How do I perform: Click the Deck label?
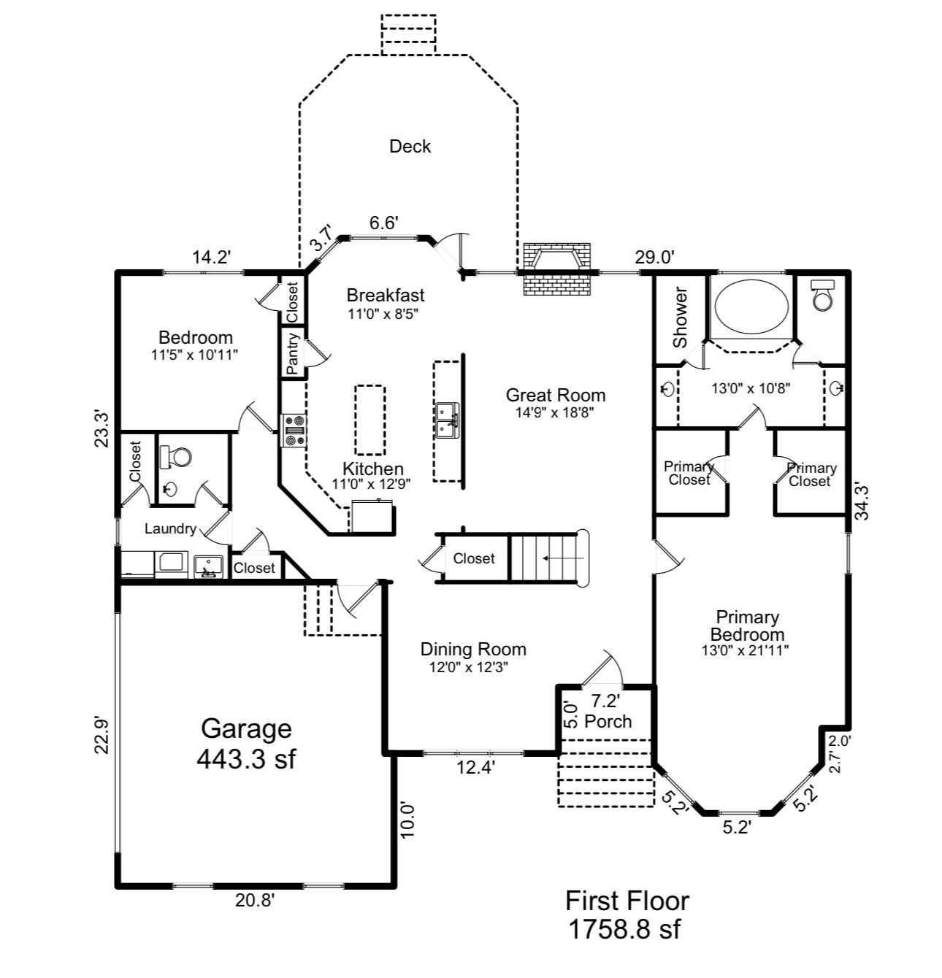(410, 147)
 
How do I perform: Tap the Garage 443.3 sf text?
(246, 744)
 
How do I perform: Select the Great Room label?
(555, 396)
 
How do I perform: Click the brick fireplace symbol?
(556, 269)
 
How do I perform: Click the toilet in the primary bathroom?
(822, 295)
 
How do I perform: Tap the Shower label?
(680, 318)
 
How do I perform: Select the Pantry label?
(294, 355)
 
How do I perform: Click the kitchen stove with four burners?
(294, 430)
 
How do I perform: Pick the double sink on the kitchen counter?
(446, 420)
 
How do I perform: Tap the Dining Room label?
(473, 650)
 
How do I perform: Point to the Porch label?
(608, 721)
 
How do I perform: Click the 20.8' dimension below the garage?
(254, 901)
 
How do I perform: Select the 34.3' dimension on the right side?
(862, 502)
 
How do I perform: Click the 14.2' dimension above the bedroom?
(211, 257)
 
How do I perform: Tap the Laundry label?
(169, 529)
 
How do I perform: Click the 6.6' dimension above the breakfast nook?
(383, 223)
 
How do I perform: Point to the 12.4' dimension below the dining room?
(475, 767)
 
